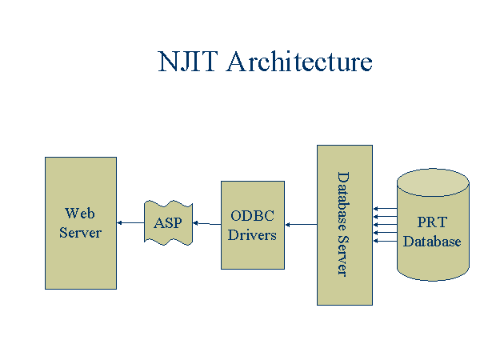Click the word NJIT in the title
[x=188, y=62]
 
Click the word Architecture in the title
[x=299, y=62]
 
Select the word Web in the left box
[x=79, y=213]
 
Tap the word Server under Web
[x=80, y=233]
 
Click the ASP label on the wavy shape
[x=168, y=223]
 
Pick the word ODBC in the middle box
[x=252, y=216]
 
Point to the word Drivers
[x=252, y=235]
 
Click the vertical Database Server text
[x=343, y=224]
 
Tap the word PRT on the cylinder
[x=432, y=222]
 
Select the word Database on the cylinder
[x=432, y=242]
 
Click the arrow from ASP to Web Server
[x=130, y=222]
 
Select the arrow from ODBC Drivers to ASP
[x=207, y=223]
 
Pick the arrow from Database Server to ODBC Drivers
[x=301, y=224]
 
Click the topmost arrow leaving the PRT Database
[x=386, y=209]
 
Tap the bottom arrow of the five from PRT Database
[x=386, y=242]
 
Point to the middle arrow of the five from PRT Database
[x=386, y=225]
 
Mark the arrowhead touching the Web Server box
[x=119, y=222]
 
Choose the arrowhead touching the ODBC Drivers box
[x=287, y=224]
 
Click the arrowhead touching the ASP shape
[x=195, y=223]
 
